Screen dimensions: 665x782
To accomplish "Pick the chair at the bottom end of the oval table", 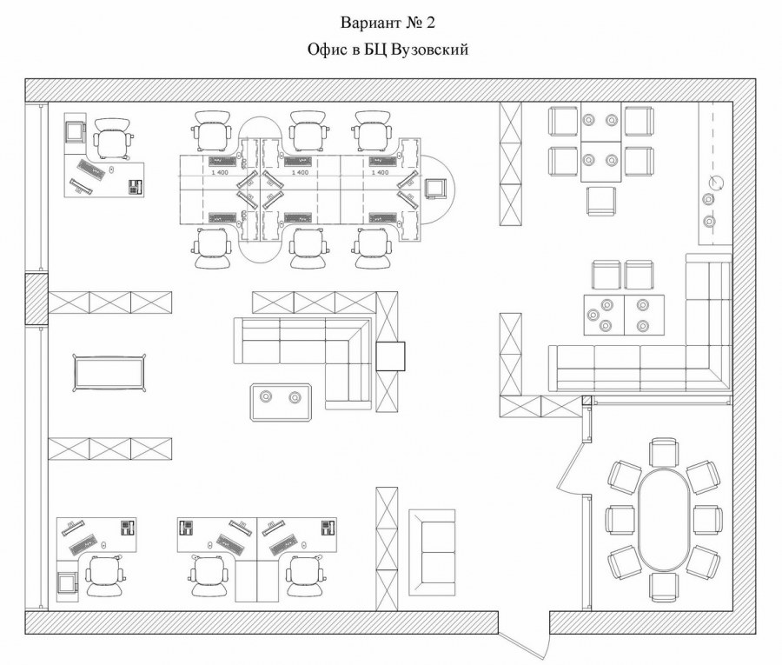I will click(x=665, y=587).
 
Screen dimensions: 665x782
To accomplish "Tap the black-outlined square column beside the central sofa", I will click(x=390, y=356).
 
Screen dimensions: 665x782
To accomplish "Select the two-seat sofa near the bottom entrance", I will click(x=432, y=552).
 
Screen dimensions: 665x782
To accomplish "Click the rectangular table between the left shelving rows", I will click(x=108, y=374).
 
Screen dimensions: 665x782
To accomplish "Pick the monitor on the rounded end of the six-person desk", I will click(x=435, y=187).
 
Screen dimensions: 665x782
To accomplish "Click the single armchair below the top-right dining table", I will click(x=601, y=201).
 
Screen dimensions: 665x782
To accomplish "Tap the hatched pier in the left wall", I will click(x=36, y=300).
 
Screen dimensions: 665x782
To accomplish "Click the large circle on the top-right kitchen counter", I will click(x=716, y=183).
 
